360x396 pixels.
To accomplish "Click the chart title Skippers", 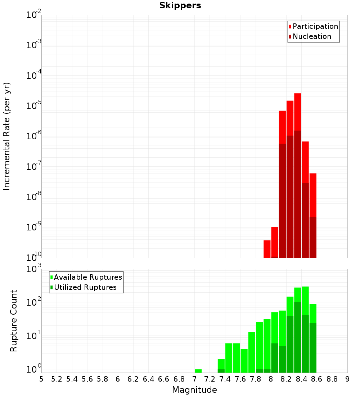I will click(180, 5).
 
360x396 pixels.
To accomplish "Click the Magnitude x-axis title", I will click(194, 390).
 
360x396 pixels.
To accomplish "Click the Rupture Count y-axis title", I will click(14, 320).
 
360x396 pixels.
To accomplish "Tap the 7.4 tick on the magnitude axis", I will click(225, 379).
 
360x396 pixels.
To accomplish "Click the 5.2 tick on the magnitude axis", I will click(57, 379).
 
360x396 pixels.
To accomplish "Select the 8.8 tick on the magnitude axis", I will click(332, 379).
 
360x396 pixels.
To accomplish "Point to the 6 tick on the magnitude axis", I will click(118, 379).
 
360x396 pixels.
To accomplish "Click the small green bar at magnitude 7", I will click(198, 371).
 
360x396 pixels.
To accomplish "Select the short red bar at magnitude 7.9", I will click(267, 249).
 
